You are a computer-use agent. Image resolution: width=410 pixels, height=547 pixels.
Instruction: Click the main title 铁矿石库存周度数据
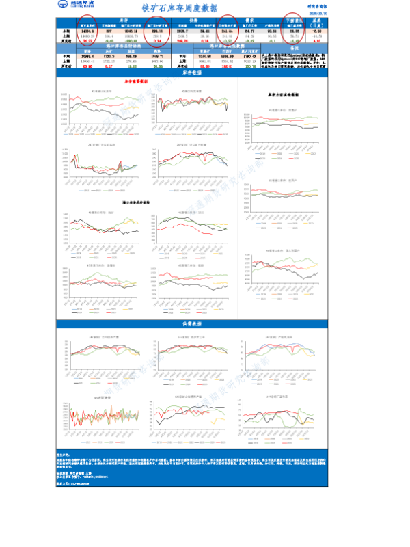(x=180, y=8)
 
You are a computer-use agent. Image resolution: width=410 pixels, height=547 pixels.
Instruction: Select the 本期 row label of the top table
(x=66, y=31)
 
